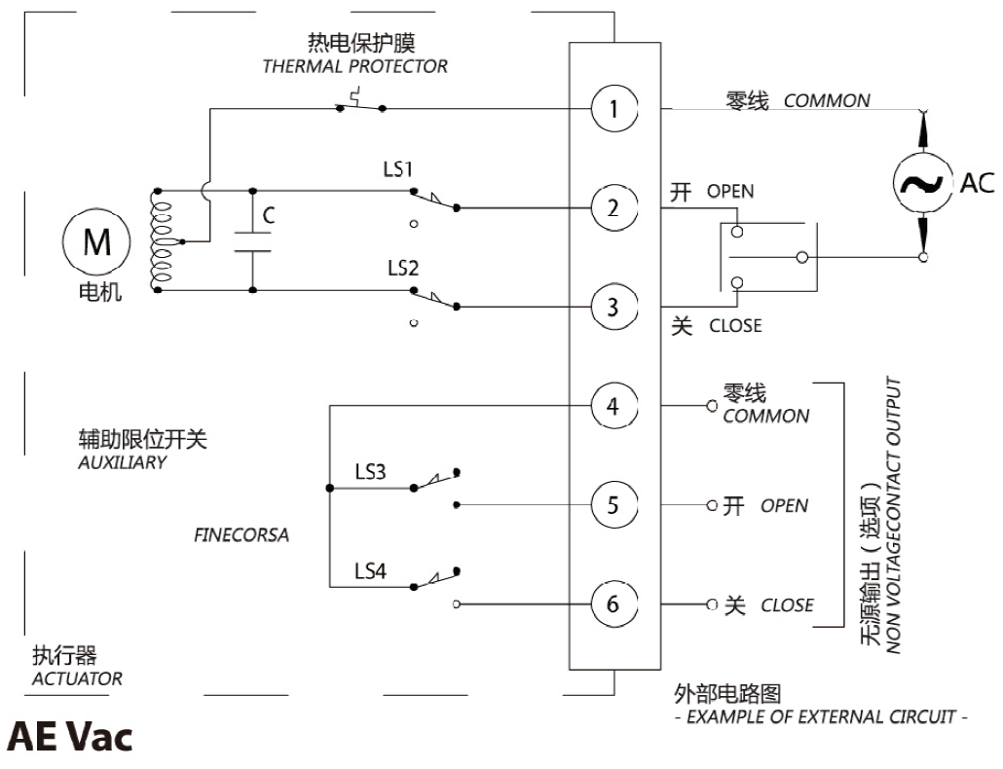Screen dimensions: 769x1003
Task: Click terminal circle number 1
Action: (x=613, y=109)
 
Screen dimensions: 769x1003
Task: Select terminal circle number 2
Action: (x=613, y=207)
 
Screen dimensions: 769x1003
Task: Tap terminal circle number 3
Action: (x=613, y=307)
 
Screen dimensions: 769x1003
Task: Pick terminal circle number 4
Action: (x=613, y=405)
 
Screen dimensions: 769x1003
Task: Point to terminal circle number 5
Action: (x=613, y=505)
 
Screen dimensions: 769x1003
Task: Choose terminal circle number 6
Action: (x=613, y=604)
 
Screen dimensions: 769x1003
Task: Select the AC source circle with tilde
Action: (x=921, y=183)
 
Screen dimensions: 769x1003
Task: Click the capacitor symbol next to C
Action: (x=252, y=240)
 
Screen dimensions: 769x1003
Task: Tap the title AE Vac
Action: (x=69, y=737)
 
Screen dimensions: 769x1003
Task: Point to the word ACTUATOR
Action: (x=78, y=678)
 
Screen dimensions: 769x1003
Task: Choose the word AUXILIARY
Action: (x=122, y=462)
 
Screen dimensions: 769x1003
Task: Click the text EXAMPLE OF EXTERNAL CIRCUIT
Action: (x=820, y=718)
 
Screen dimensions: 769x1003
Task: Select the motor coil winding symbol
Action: (x=161, y=240)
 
